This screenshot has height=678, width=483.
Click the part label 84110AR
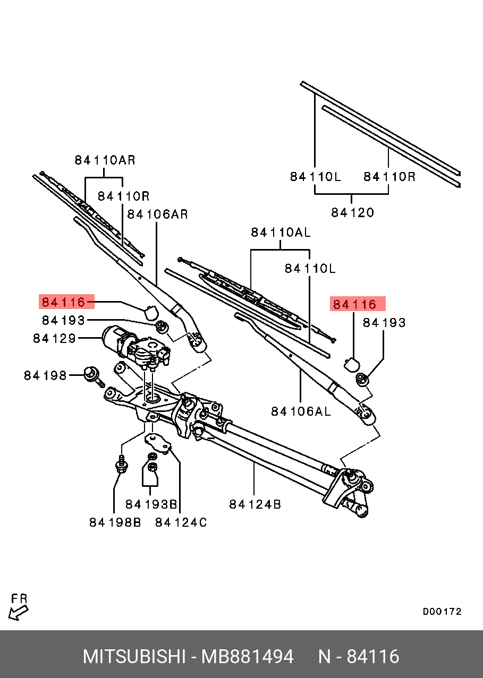point(105,160)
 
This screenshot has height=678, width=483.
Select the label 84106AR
point(157,214)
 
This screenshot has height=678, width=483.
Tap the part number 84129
point(54,338)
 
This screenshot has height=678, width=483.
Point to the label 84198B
point(115,522)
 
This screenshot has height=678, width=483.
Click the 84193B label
point(151,504)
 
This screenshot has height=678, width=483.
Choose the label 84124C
point(181,522)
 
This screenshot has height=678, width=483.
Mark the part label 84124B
point(255,504)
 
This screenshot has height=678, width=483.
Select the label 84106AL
point(301,411)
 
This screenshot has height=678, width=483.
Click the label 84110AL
point(281,233)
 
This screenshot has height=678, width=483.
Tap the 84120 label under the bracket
point(352,212)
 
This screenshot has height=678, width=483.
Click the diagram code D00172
point(442,612)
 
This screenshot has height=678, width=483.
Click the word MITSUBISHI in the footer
point(133,657)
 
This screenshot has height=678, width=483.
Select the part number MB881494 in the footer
point(247,657)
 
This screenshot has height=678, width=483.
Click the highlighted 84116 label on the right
point(354,304)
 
